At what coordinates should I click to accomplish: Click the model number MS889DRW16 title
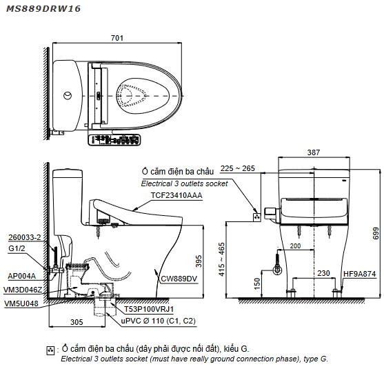[43, 9]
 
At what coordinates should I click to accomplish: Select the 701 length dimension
[117, 38]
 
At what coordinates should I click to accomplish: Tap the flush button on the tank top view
[68, 95]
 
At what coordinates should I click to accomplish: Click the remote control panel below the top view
[114, 140]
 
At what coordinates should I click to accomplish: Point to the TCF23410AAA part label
[176, 195]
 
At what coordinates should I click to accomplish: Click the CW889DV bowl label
[179, 279]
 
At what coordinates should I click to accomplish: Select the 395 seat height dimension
[199, 261]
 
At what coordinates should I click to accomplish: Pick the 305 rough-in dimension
[77, 322]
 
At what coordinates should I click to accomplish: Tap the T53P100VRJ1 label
[149, 309]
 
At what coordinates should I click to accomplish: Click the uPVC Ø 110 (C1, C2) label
[159, 321]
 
